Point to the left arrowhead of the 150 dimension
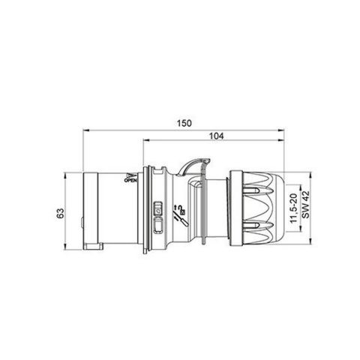[x=82, y=129]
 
